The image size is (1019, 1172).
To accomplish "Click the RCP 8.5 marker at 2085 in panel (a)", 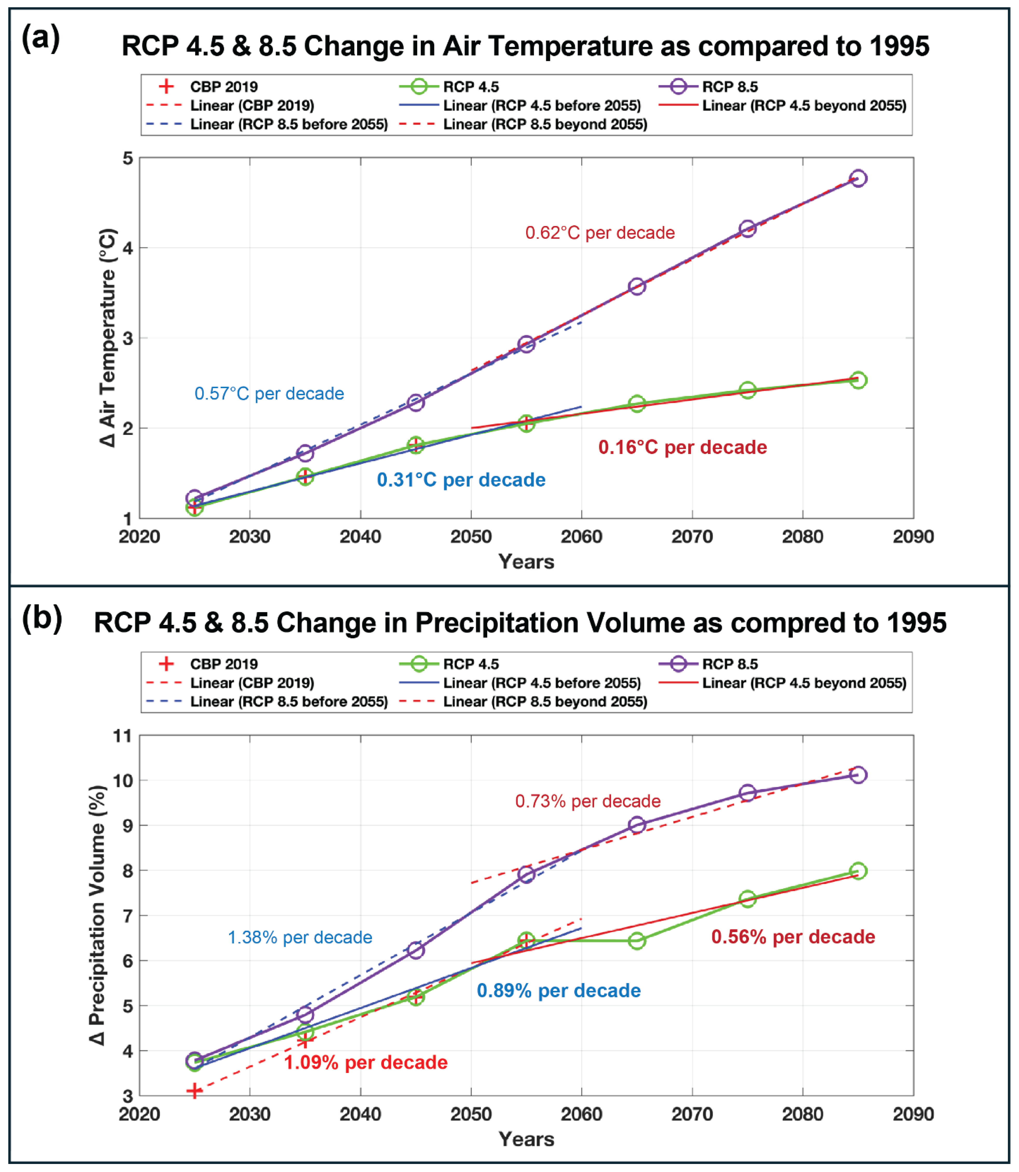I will tap(858, 179).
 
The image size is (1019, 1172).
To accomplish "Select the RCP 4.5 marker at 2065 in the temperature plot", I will tap(637, 404).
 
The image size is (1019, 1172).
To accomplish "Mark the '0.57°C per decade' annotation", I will tap(269, 394).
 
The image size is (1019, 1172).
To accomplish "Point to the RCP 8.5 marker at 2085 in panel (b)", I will tap(858, 775).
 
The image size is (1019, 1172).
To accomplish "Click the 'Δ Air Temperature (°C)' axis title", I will tap(107, 338).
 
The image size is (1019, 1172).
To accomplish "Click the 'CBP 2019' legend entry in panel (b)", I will tap(223, 664).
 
